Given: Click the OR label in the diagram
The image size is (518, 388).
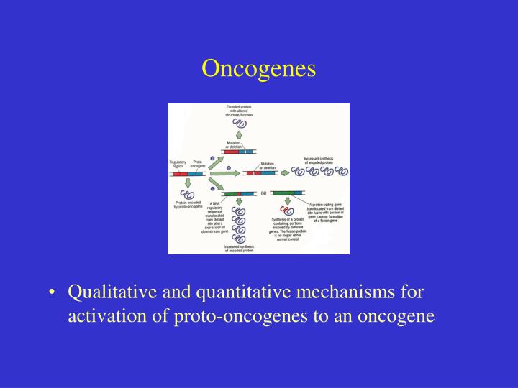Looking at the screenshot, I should (264, 193).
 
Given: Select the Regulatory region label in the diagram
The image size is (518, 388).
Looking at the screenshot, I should (178, 165).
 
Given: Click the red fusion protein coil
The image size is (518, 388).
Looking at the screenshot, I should (288, 211).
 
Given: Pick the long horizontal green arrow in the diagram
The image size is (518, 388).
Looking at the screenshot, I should (224, 173).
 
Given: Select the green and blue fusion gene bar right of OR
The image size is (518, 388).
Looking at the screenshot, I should (288, 193).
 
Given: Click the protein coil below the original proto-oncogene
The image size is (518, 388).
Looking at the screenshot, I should (188, 195).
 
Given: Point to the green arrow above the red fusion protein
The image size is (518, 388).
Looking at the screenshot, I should (288, 202).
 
